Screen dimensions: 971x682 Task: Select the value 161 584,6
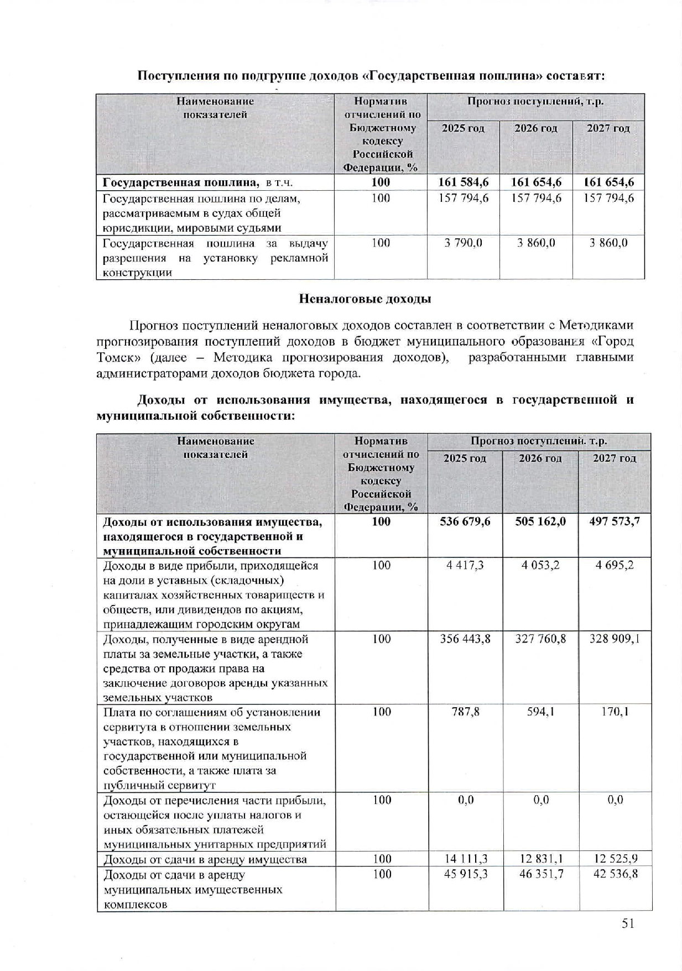464,182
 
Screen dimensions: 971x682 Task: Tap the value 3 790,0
464,243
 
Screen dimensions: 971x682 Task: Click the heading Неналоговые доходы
365,299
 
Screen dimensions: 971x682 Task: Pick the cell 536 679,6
465,521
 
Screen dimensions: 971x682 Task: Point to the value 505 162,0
540,521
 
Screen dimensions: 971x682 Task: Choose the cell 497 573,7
615,521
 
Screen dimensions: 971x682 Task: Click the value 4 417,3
465,565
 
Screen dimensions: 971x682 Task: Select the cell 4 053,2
540,565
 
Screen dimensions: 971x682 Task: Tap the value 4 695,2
615,565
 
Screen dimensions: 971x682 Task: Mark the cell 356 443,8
465,639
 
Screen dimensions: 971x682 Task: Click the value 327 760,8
540,639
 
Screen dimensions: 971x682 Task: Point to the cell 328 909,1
615,639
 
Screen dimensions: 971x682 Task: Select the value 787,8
465,712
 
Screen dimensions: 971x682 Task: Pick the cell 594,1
540,712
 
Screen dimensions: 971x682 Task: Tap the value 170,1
615,712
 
